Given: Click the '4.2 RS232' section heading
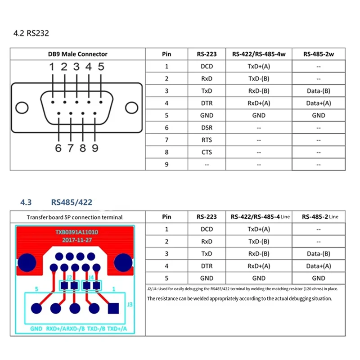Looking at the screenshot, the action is (31, 33).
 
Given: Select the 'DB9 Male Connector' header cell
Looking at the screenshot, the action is (77, 54).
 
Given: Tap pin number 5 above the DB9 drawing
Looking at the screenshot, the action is (101, 67).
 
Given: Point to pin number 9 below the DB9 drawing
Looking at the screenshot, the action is (95, 148).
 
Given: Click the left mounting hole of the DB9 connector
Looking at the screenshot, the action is (22, 108).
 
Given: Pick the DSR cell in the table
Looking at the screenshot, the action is (207, 128).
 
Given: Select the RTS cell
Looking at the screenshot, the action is (207, 140).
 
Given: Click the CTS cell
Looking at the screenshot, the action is (207, 152).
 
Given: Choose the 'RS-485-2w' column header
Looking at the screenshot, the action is (319, 54).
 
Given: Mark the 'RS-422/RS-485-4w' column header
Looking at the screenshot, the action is (259, 54).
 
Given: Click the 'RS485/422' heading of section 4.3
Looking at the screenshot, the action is (72, 202).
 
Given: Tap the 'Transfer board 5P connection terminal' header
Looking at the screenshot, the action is (75, 217).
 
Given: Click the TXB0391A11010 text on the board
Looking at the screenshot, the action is (76, 232).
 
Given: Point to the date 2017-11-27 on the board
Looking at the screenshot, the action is (77, 240).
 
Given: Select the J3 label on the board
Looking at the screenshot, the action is (130, 305).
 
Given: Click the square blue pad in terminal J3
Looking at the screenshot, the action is (113, 308).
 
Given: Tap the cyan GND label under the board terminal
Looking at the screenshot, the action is (36, 329).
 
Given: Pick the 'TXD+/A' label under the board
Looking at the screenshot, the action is (117, 329).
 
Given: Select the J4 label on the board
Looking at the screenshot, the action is (91, 278).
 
